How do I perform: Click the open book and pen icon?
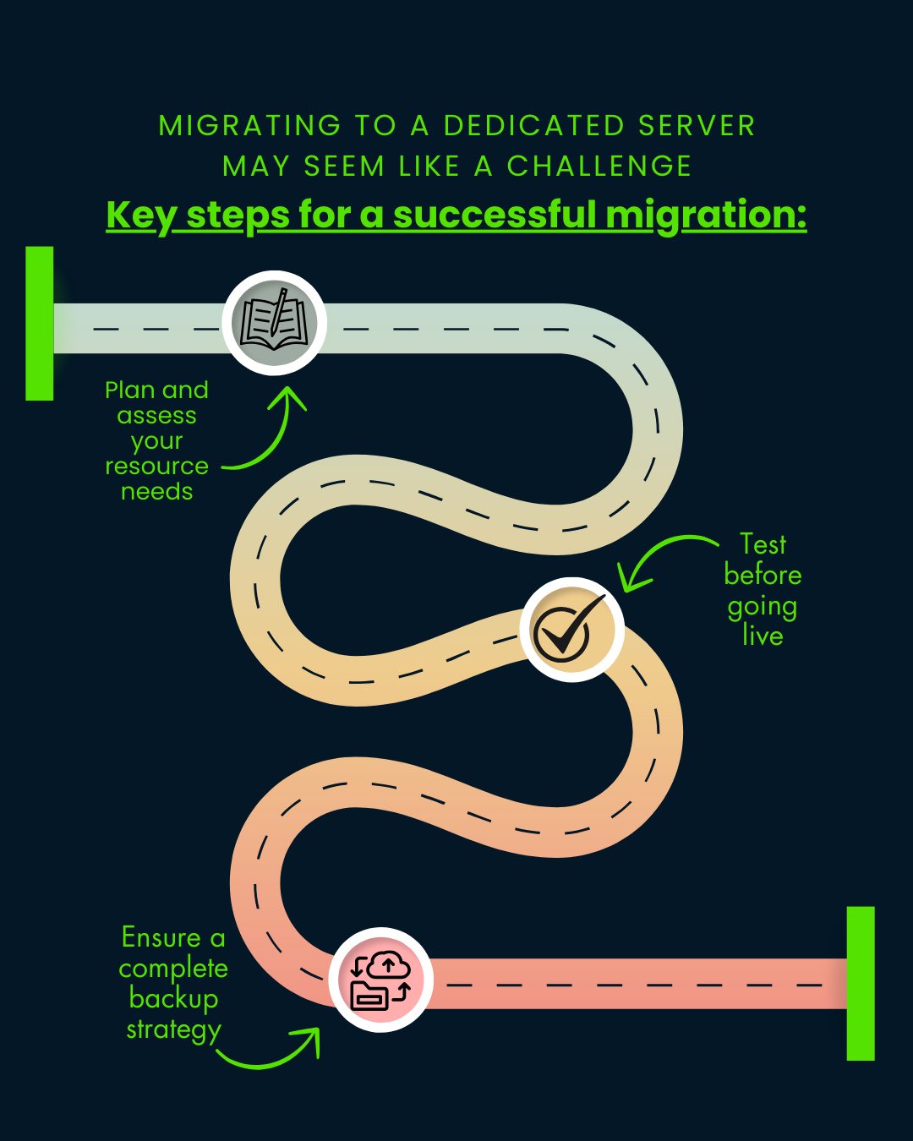click(x=274, y=322)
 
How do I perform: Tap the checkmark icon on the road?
click(x=571, y=630)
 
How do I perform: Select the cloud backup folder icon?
click(x=380, y=980)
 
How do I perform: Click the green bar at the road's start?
click(x=39, y=324)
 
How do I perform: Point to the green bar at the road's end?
click(x=861, y=983)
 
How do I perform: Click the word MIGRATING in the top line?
click(x=249, y=126)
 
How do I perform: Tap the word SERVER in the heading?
click(x=697, y=126)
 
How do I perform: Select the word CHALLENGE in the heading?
click(x=599, y=167)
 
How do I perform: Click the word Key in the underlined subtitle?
click(x=140, y=215)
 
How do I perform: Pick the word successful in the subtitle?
click(x=495, y=215)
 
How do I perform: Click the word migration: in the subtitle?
click(x=706, y=215)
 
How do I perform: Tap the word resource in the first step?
click(x=156, y=466)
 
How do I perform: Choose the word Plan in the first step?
click(x=129, y=390)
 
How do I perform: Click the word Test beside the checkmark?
click(x=763, y=543)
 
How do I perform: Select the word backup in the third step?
click(x=173, y=998)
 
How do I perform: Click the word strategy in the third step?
click(x=173, y=1029)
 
